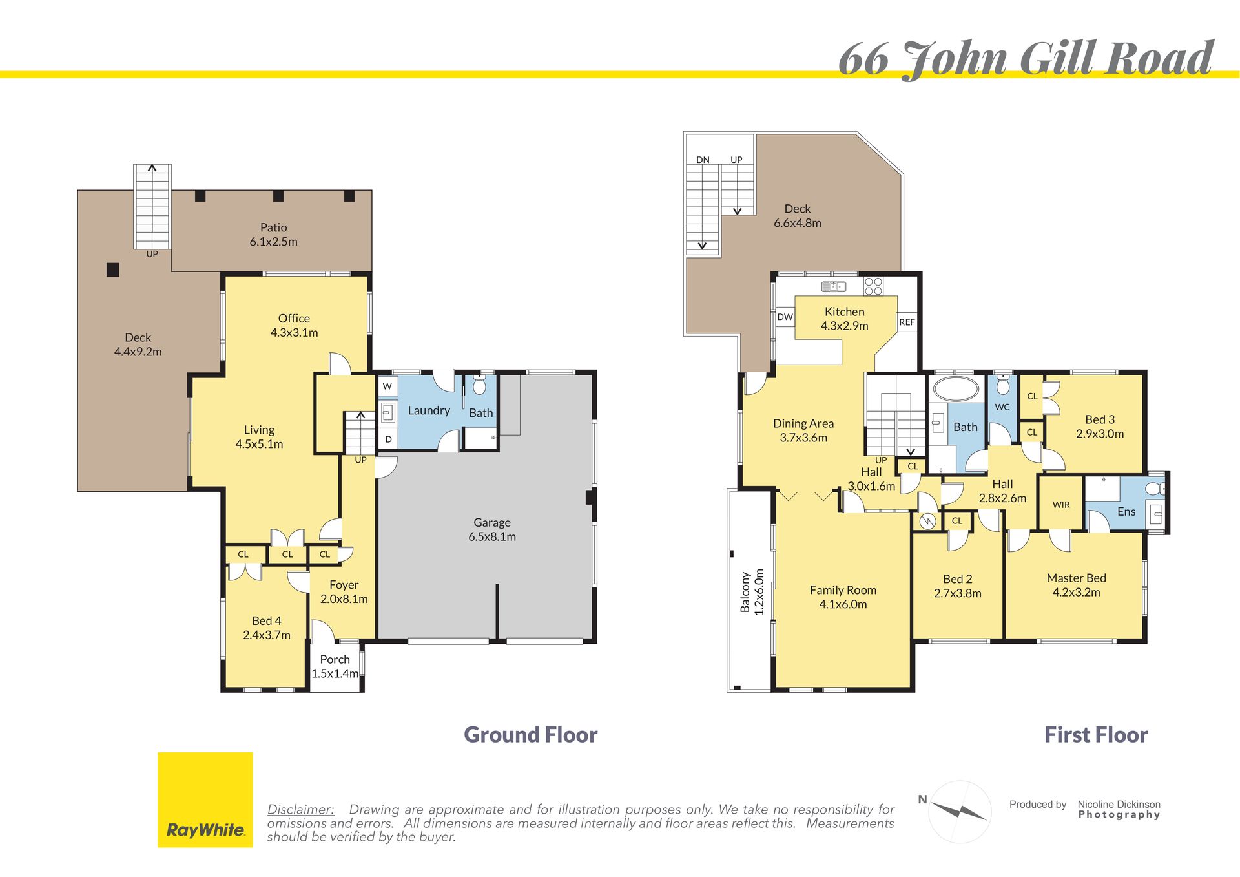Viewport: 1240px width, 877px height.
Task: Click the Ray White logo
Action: [x=205, y=799]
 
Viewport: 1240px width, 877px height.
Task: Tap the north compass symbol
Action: [x=959, y=811]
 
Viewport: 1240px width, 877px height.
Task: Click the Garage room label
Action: [x=492, y=529]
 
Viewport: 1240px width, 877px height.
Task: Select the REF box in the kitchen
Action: [x=907, y=322]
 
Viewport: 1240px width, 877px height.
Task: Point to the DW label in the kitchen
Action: [x=785, y=317]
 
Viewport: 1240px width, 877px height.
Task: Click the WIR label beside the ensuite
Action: [x=1061, y=505]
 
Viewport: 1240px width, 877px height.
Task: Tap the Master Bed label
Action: [x=1076, y=585]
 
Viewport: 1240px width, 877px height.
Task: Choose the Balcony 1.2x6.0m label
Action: [x=752, y=592]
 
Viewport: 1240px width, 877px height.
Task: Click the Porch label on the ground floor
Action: [x=335, y=666]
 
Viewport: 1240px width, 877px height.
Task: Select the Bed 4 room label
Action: [x=266, y=628]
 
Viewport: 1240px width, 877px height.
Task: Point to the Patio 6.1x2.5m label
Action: [x=273, y=235]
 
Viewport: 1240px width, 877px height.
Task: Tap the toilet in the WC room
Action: [x=1002, y=385]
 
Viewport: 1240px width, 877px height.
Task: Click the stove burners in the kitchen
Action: [x=873, y=286]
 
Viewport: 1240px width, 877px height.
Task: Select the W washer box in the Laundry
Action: [x=387, y=386]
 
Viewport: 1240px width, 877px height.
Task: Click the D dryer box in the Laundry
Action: [x=388, y=439]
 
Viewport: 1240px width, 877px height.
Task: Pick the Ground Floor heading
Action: [x=530, y=735]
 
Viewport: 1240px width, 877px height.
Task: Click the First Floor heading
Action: [x=1096, y=735]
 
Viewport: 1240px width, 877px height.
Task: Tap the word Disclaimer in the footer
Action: [x=301, y=809]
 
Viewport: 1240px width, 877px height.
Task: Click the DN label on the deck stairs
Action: [x=703, y=160]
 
